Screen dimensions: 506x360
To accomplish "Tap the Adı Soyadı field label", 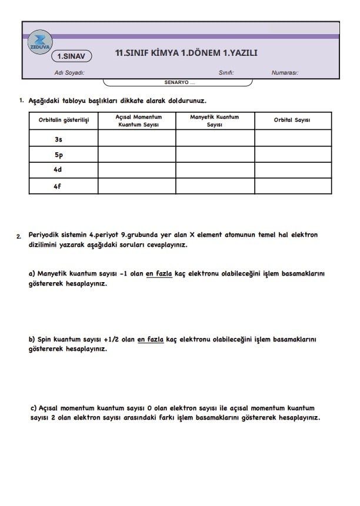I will (x=69, y=73).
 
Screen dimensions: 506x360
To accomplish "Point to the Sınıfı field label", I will (x=226, y=73).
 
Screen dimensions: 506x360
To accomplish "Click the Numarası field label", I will (x=285, y=73).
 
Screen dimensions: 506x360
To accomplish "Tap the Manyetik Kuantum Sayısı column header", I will (x=214, y=121).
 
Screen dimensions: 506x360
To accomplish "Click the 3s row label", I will (x=58, y=140).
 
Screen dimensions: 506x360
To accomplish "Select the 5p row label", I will (x=58, y=155).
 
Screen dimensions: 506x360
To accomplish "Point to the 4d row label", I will (x=58, y=170).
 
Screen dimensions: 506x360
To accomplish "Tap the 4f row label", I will (x=58, y=186).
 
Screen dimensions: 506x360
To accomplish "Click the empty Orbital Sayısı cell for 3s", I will (x=293, y=138).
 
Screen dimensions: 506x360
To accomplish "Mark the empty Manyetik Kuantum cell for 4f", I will (x=215, y=186).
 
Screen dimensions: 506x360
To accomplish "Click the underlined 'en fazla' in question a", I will (x=159, y=273).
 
